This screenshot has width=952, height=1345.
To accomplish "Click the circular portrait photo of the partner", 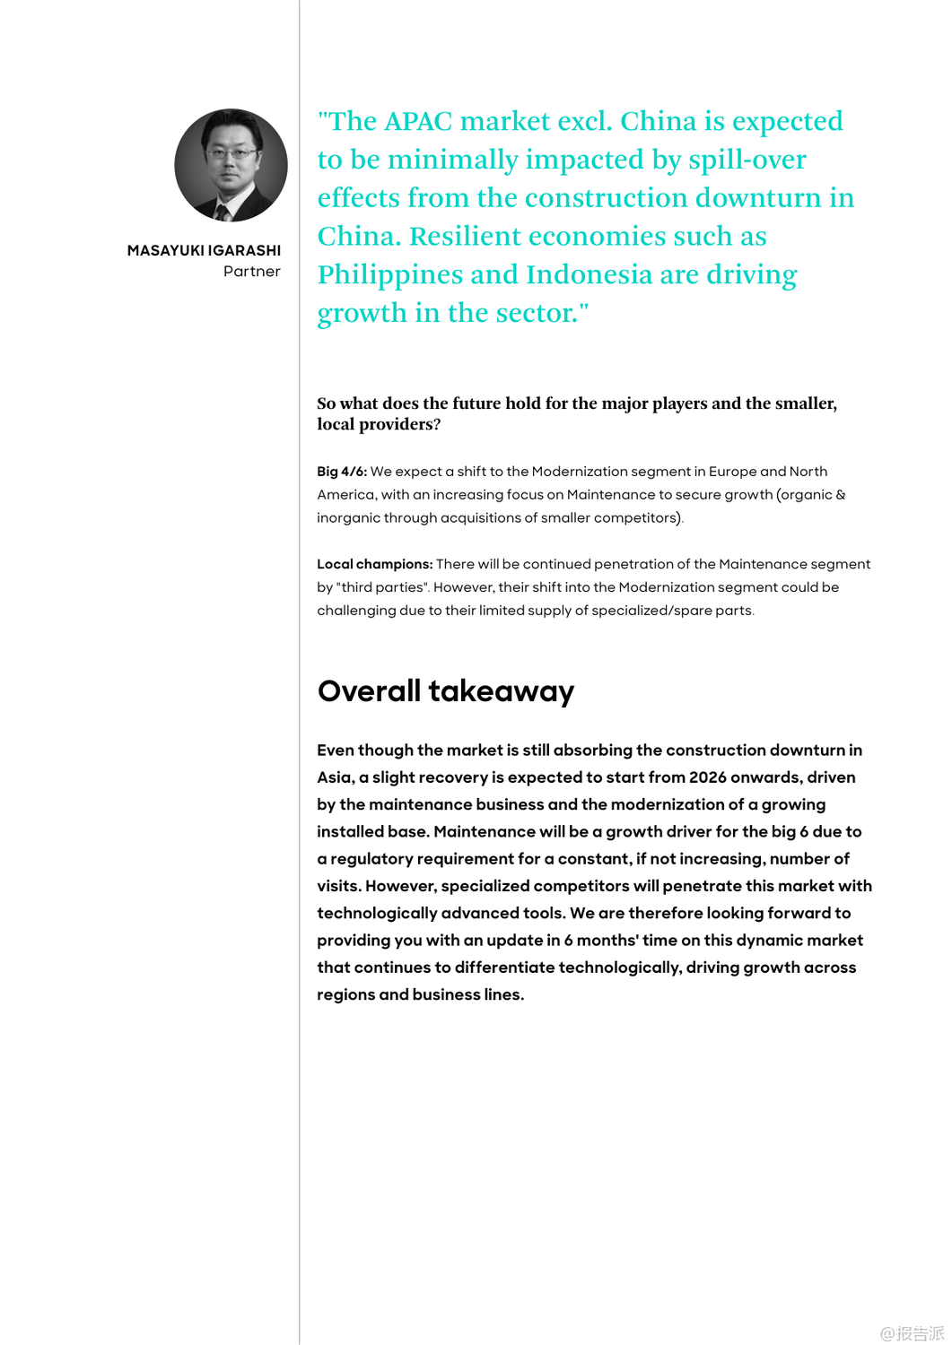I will click(231, 165).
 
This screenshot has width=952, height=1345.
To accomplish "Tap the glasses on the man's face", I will click(231, 153).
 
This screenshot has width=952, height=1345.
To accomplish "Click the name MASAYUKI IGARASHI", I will click(204, 250).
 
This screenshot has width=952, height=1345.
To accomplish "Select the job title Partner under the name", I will click(252, 272).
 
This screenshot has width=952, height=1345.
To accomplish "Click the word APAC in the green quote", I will click(417, 122).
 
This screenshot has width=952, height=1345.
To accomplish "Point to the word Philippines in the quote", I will click(417, 275).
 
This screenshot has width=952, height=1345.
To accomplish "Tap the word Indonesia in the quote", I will click(589, 275).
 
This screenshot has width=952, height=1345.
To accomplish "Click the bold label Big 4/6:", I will click(342, 472).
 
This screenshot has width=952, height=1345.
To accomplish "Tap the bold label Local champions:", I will click(374, 564).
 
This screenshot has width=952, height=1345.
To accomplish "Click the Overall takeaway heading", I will click(445, 691).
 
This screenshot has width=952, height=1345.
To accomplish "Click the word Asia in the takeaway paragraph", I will click(335, 777).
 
